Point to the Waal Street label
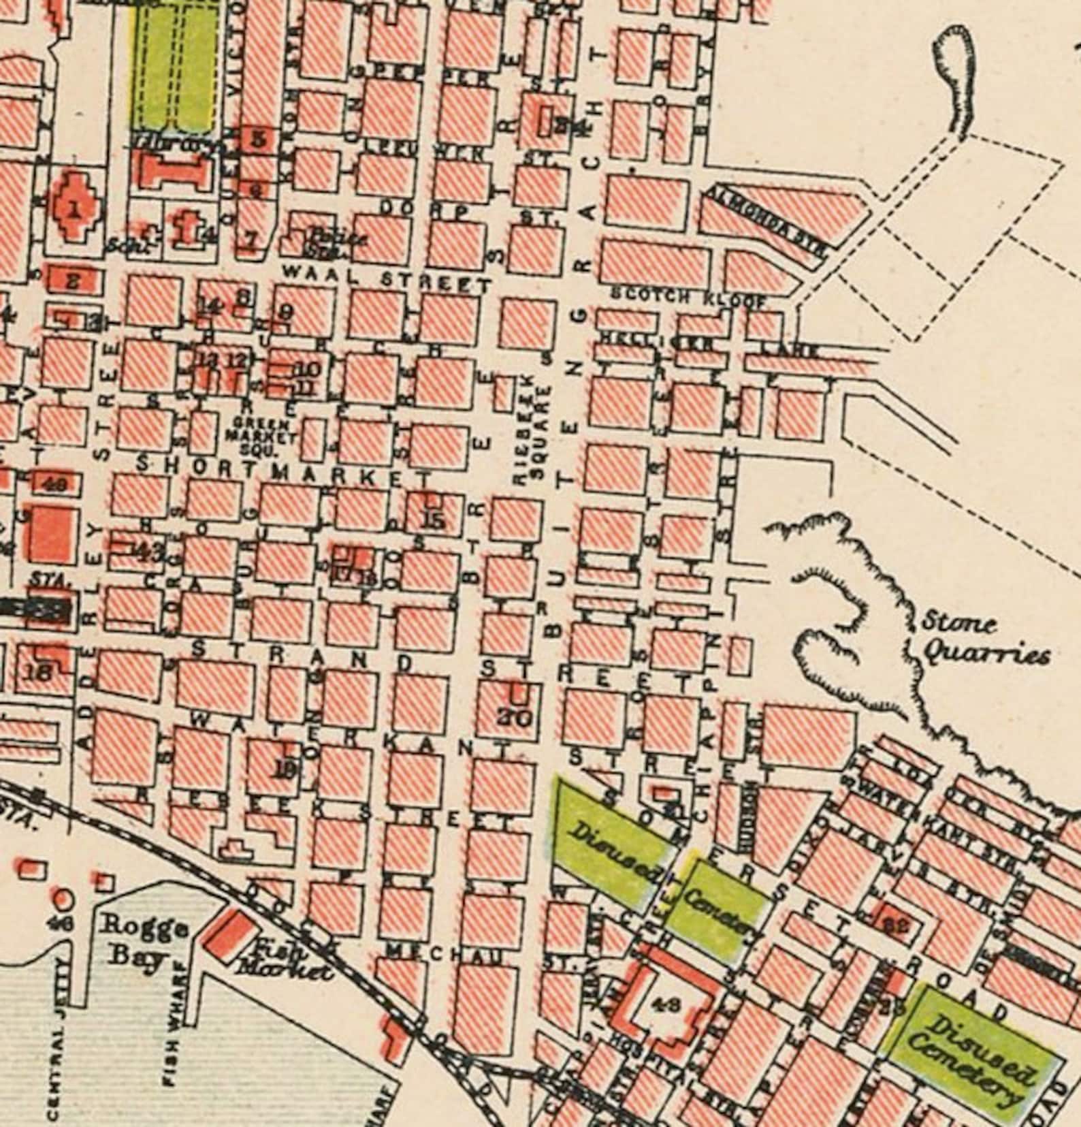(386, 281)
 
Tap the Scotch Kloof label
(689, 298)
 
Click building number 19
(288, 769)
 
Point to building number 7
(252, 240)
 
